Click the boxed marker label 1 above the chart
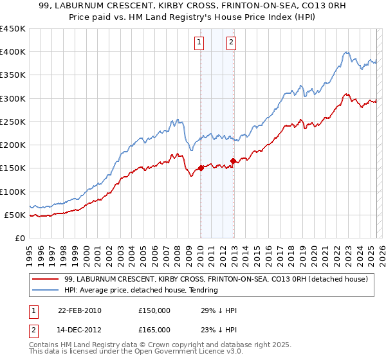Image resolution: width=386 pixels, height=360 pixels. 200,43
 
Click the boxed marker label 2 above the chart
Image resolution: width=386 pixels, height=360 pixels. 231,43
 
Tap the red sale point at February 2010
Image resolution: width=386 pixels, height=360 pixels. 201,168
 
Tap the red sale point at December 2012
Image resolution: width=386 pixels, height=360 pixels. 233,161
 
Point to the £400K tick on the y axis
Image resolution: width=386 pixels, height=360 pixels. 13,52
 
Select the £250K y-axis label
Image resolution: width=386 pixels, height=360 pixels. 13,122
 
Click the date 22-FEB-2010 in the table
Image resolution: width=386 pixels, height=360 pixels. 79,310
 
